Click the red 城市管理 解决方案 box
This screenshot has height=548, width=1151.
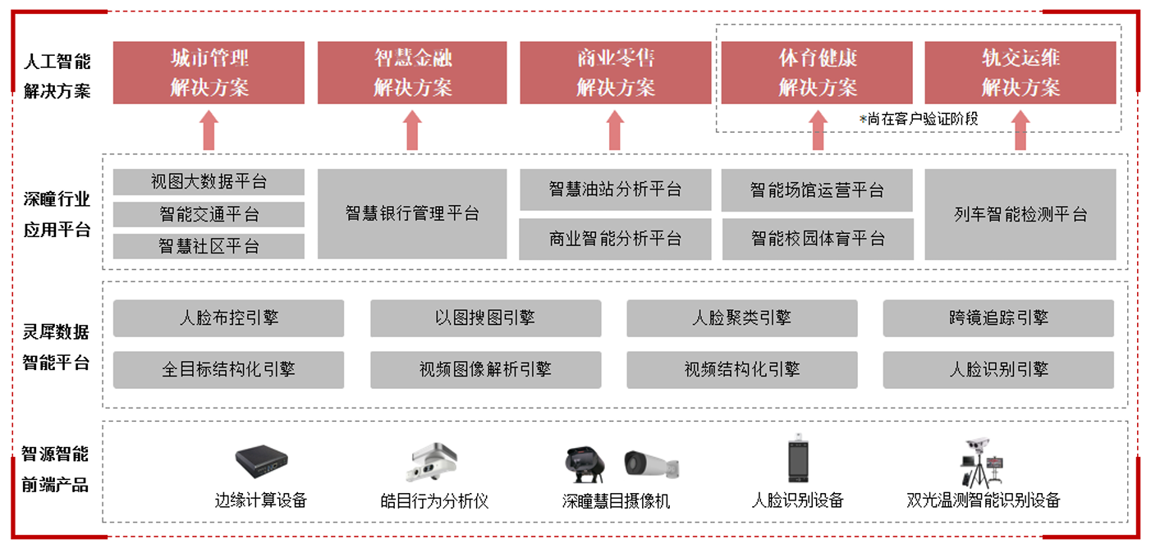click(x=209, y=73)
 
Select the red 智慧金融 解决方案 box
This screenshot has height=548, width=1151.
click(x=412, y=73)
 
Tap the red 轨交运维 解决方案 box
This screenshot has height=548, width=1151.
click(x=1020, y=73)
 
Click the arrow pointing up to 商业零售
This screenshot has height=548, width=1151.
click(x=615, y=130)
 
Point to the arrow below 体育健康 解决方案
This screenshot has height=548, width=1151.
click(x=818, y=130)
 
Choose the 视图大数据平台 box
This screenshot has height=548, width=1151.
click(x=209, y=182)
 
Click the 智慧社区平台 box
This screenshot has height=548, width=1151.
click(x=209, y=246)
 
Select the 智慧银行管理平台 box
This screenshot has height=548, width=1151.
click(x=412, y=214)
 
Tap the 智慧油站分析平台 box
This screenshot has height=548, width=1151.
click(x=615, y=190)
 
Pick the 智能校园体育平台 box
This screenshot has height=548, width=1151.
click(x=818, y=239)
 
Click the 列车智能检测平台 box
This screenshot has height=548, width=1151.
click(x=1020, y=214)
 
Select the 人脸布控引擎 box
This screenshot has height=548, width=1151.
click(x=228, y=317)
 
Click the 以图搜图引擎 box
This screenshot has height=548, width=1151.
click(x=485, y=317)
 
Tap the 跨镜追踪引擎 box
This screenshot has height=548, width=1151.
click(x=998, y=317)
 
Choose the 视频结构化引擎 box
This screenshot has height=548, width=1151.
click(x=741, y=370)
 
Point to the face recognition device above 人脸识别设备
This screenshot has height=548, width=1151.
click(x=798, y=459)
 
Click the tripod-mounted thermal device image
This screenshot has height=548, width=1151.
click(x=982, y=463)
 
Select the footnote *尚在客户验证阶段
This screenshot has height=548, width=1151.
click(x=919, y=119)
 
